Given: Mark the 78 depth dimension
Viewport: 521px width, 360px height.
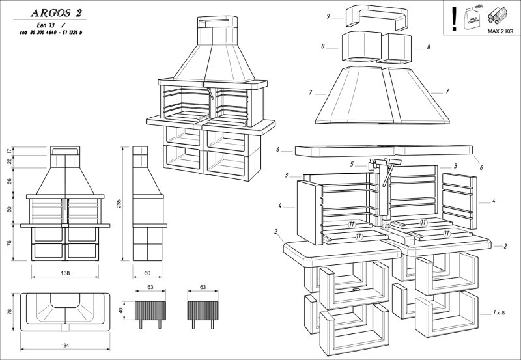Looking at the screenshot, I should click(x=9, y=312).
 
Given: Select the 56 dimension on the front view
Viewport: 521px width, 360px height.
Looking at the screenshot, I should click(x=9, y=182).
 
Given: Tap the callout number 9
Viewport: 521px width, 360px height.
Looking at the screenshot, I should click(x=330, y=16).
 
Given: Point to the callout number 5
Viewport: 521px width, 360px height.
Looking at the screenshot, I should click(x=352, y=165).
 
